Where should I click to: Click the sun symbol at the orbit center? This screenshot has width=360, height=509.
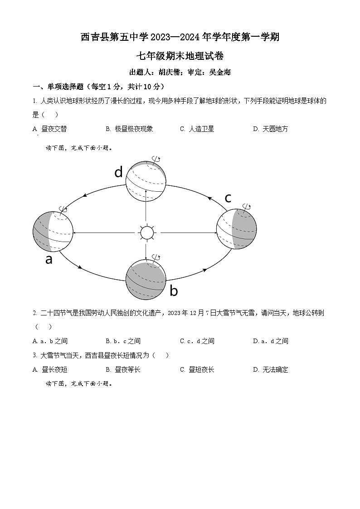pos(146,233)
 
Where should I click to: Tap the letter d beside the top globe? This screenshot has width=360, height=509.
pos(118,172)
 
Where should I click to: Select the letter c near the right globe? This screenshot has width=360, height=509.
pos(228,198)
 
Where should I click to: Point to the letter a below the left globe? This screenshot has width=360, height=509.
pos(49,259)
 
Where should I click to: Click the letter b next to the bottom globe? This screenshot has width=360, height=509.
pos(174,291)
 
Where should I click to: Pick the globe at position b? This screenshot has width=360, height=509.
pos(146,280)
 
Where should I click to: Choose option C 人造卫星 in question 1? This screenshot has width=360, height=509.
pos(197,129)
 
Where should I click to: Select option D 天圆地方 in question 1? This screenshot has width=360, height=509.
pos(271,129)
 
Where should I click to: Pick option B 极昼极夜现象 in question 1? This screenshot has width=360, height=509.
pos(130,129)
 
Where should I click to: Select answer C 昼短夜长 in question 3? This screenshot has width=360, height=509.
pos(197,369)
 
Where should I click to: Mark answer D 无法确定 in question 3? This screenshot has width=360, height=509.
pos(271,369)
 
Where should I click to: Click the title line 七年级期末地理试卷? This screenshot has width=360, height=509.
pos(180,56)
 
